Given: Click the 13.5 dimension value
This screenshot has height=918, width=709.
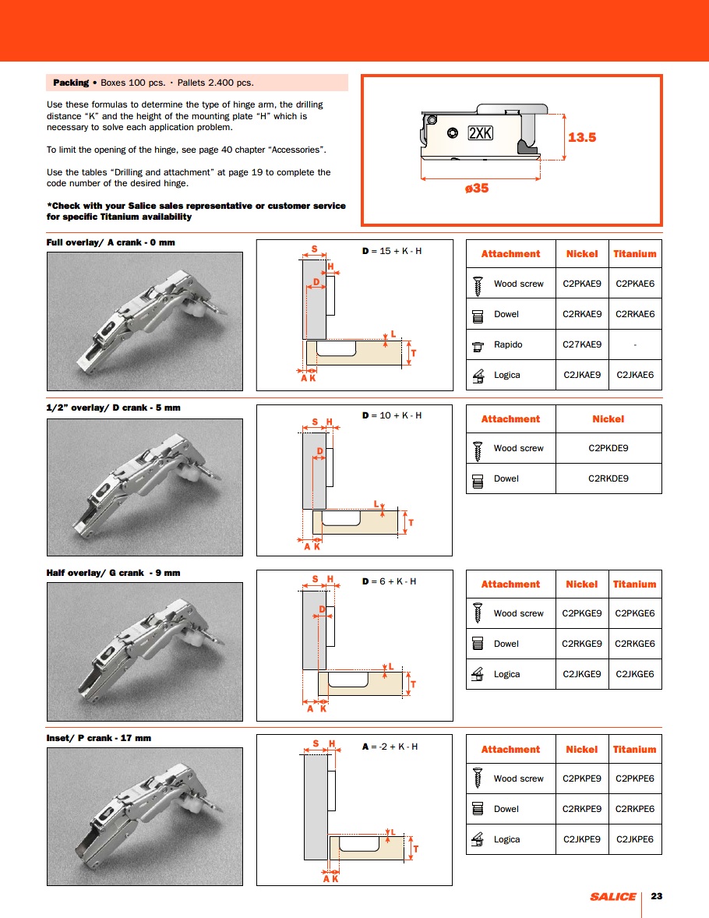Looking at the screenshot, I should click(582, 137).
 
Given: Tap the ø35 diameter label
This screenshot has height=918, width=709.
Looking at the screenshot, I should click(477, 188).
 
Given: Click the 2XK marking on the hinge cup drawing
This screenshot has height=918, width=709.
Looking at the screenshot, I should click(481, 133).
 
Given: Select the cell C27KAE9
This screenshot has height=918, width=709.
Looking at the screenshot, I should click(582, 344).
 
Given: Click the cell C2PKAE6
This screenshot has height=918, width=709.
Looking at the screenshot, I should click(635, 284).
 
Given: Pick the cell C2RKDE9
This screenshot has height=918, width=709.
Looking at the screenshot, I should click(608, 478).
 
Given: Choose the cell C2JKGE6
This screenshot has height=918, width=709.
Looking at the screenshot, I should click(635, 674).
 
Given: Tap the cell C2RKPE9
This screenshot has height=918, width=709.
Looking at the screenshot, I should click(582, 809).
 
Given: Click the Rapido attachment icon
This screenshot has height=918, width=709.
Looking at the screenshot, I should click(478, 344).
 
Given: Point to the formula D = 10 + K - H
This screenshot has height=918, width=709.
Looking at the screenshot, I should click(392, 415).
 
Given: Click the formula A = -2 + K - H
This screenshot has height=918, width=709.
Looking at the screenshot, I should click(390, 747).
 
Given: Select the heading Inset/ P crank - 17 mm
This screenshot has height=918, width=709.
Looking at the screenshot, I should click(99, 737).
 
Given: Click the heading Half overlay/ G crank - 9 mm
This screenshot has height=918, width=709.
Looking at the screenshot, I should click(113, 573).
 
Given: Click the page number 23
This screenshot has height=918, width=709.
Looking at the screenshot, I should click(656, 896).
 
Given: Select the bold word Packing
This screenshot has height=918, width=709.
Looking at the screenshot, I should click(71, 83).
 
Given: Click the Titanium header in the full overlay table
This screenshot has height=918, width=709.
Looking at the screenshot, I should click(635, 254).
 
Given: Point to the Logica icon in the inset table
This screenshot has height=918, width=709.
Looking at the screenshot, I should click(478, 839).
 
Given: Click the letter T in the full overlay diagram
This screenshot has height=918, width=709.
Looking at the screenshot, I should click(413, 353).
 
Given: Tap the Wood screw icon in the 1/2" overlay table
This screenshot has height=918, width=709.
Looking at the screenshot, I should click(478, 449).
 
